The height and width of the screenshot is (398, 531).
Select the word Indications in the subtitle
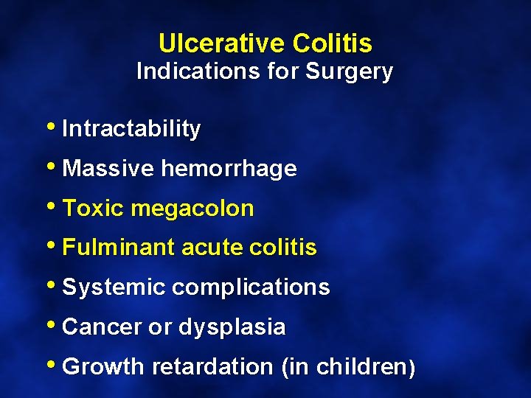pyautogui.click(x=189, y=72)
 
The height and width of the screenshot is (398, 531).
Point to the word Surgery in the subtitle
pyautogui.click(x=350, y=72)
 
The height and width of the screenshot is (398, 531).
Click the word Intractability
pyautogui.click(x=131, y=129)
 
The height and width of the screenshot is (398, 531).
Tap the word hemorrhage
pyautogui.click(x=229, y=169)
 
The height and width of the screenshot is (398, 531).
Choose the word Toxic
pyautogui.click(x=94, y=209)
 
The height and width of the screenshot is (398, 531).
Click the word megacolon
pyautogui.click(x=192, y=209)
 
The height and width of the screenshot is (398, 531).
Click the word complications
pyautogui.click(x=251, y=287)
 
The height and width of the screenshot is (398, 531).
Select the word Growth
pyautogui.click(x=104, y=367)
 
